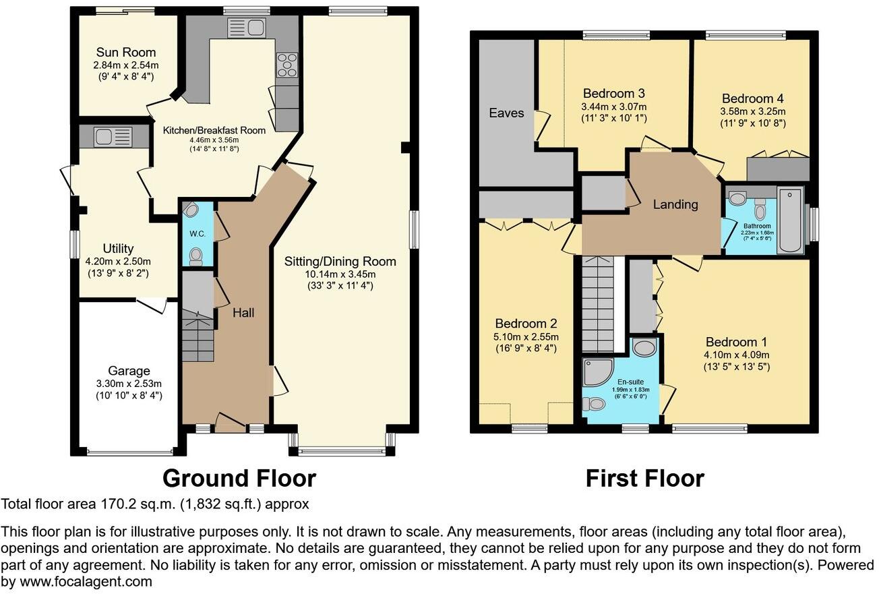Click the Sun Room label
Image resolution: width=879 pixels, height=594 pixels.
pos(125,53)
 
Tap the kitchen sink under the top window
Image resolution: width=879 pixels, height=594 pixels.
pos(246,28)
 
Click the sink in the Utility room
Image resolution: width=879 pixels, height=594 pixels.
pos(113,137)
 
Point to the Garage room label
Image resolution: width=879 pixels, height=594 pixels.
pos(129,371)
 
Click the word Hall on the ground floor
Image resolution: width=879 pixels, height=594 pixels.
pos(243,312)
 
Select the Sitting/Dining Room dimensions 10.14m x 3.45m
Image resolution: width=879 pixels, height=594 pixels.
pos(340,274)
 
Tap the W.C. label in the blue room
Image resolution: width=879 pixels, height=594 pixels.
pos(197,235)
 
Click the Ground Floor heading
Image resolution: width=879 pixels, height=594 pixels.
pos(239,478)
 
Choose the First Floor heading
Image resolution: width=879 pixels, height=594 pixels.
pos(644,478)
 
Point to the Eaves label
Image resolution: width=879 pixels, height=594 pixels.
pos(506,113)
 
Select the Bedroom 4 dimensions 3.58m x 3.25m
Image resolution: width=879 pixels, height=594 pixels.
pos(752,111)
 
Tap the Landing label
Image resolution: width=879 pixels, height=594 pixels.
pos(675,204)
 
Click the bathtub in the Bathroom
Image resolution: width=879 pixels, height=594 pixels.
pos(790,220)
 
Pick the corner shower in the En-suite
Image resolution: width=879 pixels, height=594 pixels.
pos(597,372)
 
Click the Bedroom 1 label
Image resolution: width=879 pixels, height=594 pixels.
pos(736,342)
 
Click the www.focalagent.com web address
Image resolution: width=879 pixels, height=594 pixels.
pos(76,581)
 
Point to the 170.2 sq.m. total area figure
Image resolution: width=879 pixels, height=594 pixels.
pos(129,504)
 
